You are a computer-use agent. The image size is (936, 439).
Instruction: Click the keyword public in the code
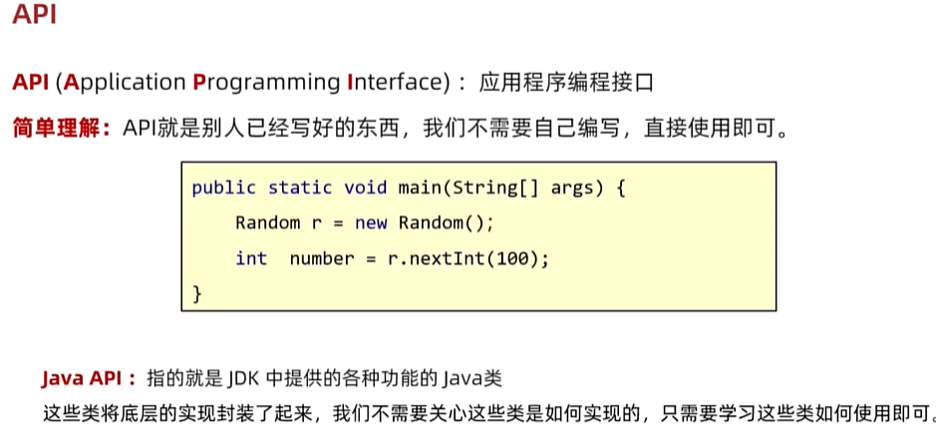click(x=223, y=188)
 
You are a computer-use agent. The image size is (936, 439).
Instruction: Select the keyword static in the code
click(x=300, y=188)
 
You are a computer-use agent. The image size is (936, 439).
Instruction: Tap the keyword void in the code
click(x=365, y=188)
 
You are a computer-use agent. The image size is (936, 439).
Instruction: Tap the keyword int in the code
click(x=251, y=258)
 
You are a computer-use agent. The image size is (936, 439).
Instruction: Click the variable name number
click(x=321, y=258)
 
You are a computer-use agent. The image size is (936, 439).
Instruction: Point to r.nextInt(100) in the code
click(x=468, y=258)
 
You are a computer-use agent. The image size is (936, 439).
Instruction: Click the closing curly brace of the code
click(x=196, y=293)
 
